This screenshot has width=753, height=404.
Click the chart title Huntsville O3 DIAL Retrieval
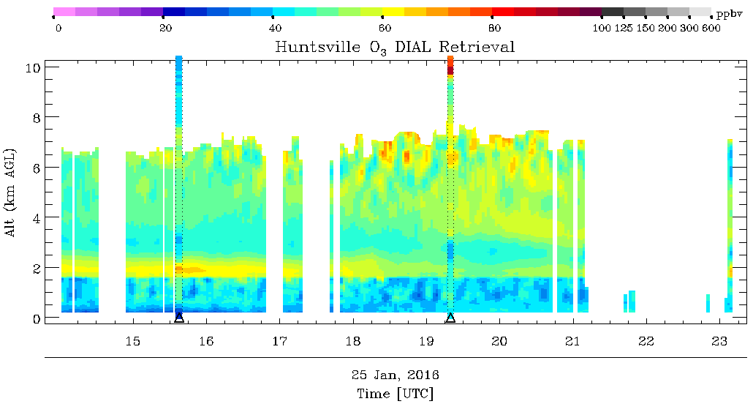(x=395, y=48)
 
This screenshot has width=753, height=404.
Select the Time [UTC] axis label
(x=395, y=393)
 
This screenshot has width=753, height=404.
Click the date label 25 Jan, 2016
(x=395, y=375)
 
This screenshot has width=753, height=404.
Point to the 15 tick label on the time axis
(x=132, y=341)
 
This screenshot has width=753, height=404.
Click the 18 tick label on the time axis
(x=352, y=341)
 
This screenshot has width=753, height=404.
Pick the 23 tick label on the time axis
(x=719, y=341)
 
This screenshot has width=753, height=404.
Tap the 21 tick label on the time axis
(x=572, y=341)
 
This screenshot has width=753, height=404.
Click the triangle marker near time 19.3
(x=450, y=318)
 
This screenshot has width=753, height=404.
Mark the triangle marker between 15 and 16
(x=179, y=318)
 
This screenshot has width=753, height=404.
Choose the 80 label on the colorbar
(x=494, y=29)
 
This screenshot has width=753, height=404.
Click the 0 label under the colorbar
(x=58, y=29)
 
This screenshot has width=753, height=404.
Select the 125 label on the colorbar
(x=624, y=29)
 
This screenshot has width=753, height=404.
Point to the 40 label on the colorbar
(x=276, y=29)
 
